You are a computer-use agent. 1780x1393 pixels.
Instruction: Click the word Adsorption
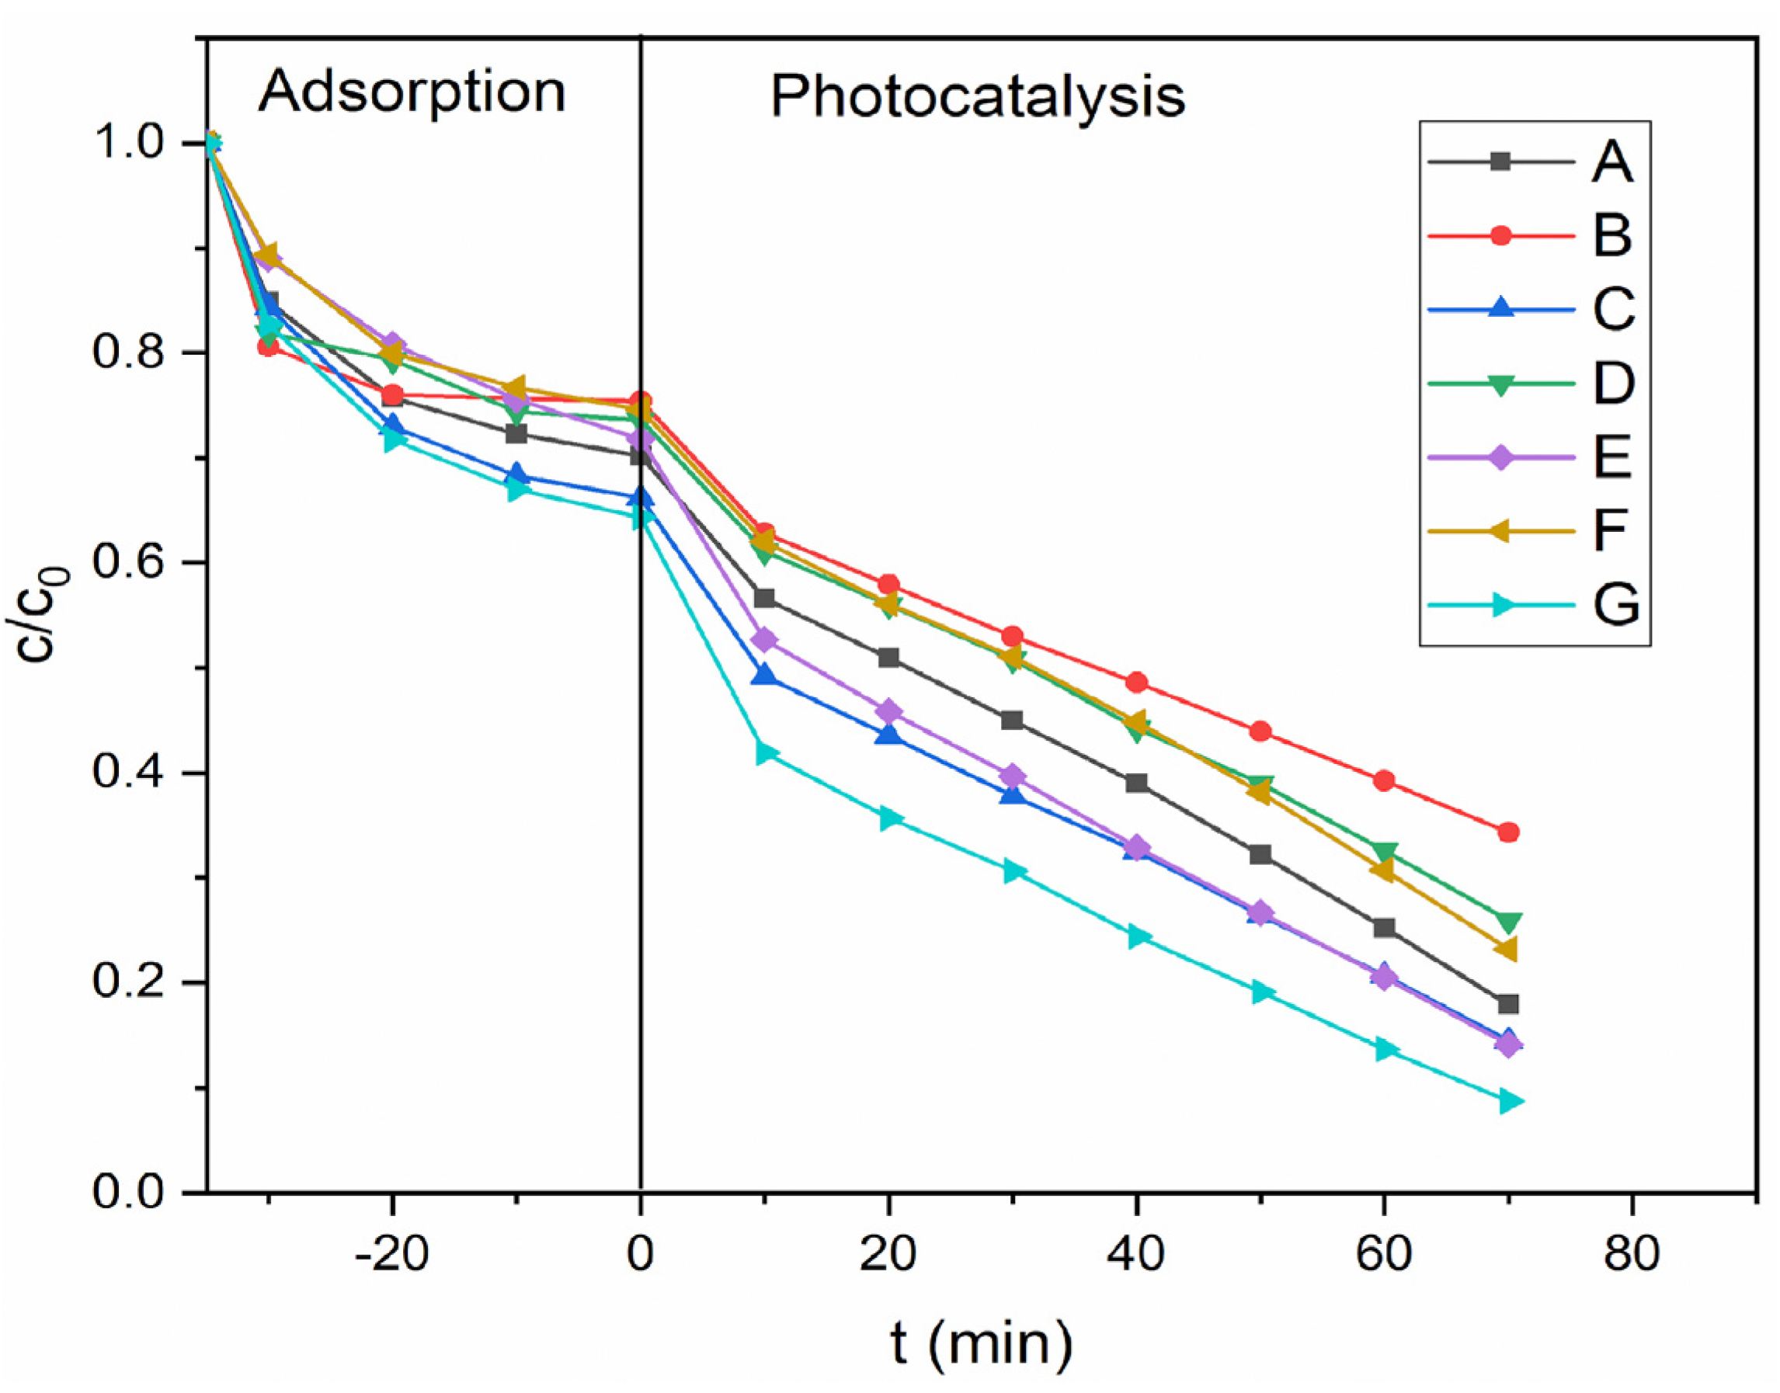pyautogui.click(x=411, y=92)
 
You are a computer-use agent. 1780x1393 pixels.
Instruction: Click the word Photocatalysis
pyautogui.click(x=976, y=97)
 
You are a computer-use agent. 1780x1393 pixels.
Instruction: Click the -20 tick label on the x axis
pyautogui.click(x=391, y=1254)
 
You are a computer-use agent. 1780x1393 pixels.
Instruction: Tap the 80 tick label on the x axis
pyautogui.click(x=1631, y=1254)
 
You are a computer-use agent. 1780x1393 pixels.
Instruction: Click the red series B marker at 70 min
pyautogui.click(x=1508, y=832)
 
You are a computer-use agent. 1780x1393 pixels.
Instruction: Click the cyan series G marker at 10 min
pyautogui.click(x=766, y=752)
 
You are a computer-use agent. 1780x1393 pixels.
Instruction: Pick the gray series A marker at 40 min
pyautogui.click(x=1136, y=783)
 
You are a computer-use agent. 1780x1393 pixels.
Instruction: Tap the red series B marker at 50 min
pyautogui.click(x=1260, y=731)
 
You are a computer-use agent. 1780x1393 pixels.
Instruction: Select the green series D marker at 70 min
pyautogui.click(x=1508, y=922)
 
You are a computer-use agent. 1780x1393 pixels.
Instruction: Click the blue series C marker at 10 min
pyautogui.click(x=763, y=676)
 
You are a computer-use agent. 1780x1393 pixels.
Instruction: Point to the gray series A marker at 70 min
pyautogui.click(x=1508, y=1004)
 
